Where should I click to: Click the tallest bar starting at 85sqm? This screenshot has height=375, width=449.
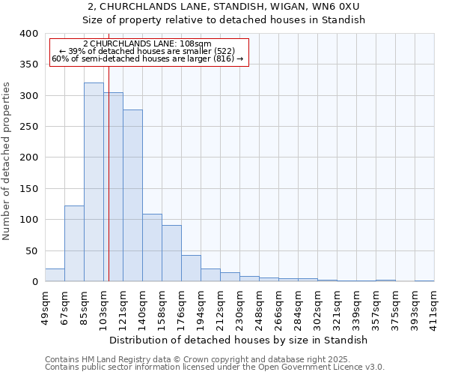(x=94, y=182)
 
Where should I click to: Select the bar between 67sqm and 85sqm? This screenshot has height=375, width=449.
(x=74, y=244)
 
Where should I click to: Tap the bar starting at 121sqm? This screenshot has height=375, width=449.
(x=132, y=196)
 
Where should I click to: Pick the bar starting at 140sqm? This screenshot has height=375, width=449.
(x=152, y=247)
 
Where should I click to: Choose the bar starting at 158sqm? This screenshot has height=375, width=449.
(x=171, y=253)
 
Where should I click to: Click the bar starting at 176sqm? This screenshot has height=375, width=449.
(x=191, y=268)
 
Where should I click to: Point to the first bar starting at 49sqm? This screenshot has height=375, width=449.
(x=55, y=275)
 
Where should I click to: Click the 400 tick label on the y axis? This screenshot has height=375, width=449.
(x=28, y=34)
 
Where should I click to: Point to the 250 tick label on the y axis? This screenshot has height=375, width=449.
(x=28, y=127)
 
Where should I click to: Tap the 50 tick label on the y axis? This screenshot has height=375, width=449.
(x=31, y=250)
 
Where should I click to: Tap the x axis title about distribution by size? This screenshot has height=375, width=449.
(x=244, y=340)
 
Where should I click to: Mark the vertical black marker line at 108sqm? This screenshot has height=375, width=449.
(x=109, y=187)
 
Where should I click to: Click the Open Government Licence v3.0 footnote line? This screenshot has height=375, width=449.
(x=215, y=367)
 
